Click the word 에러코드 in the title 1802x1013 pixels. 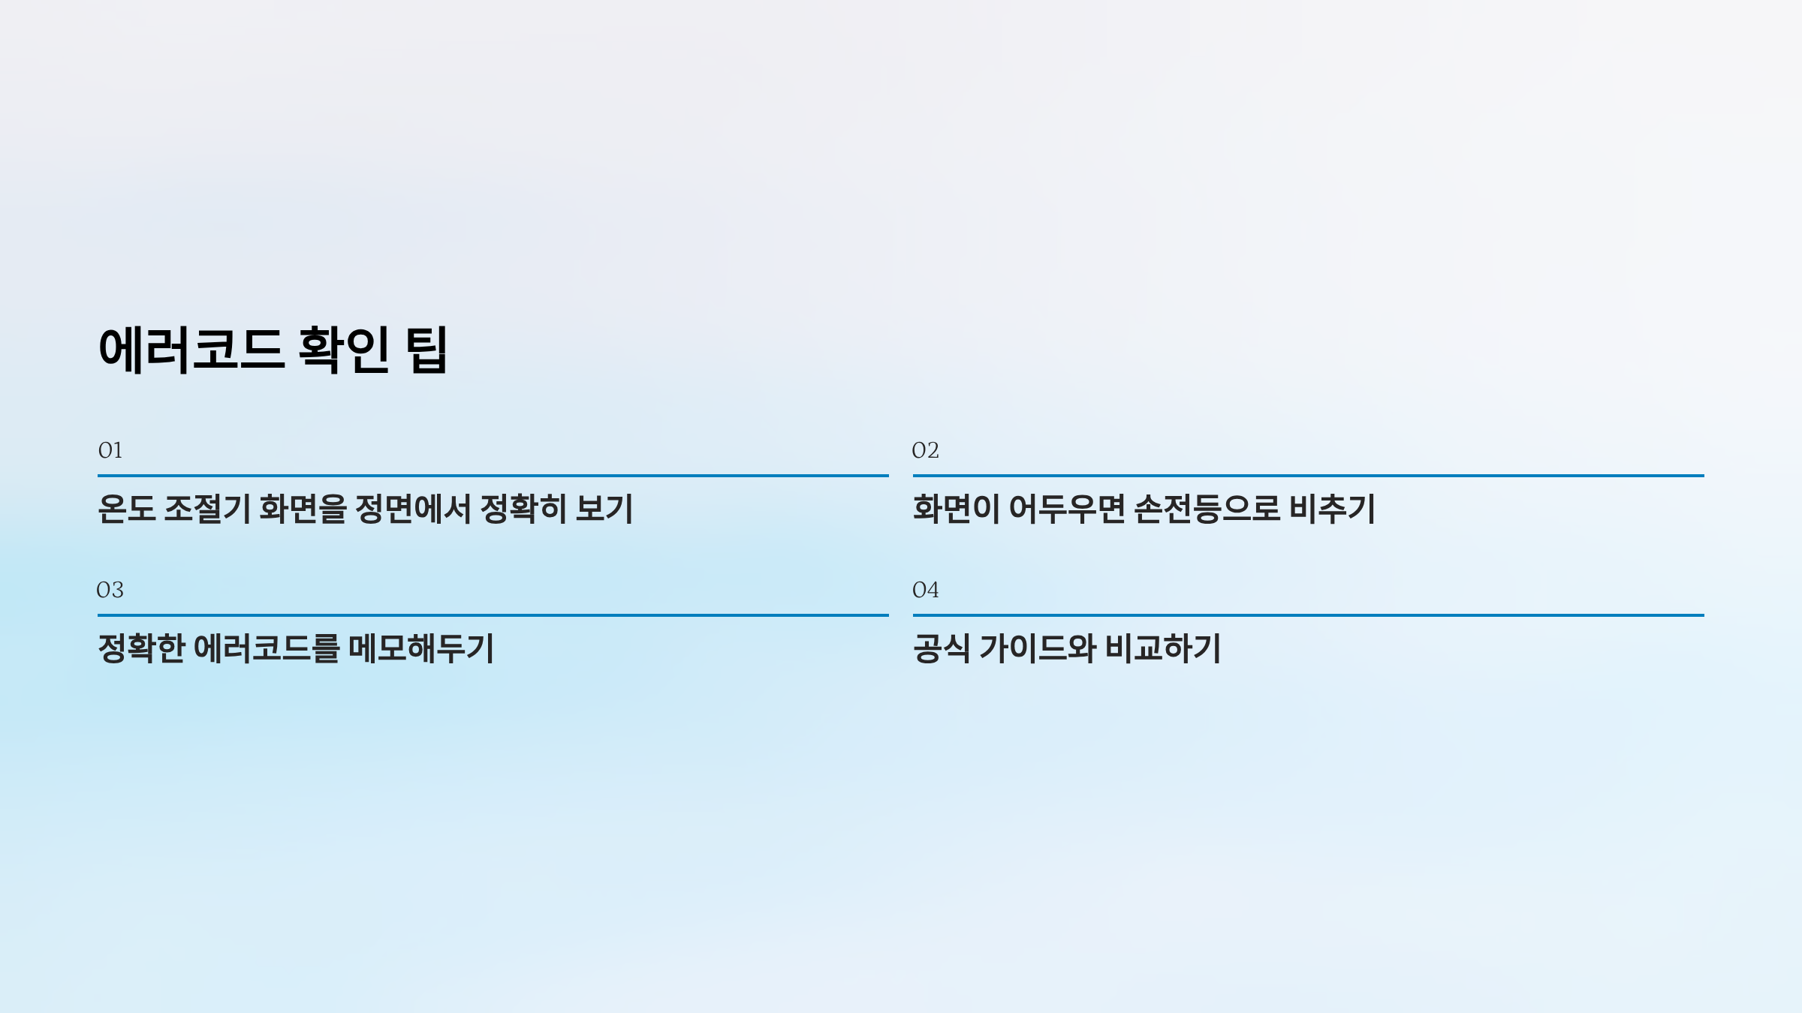point(191,350)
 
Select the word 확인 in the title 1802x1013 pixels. point(344,350)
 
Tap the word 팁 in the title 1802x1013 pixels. point(426,350)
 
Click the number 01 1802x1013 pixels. point(110,450)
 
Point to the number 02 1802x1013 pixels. point(925,450)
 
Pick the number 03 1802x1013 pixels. point(110,590)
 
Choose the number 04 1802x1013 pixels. point(925,590)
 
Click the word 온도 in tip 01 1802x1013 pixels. point(126,509)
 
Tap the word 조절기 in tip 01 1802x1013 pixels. point(206,509)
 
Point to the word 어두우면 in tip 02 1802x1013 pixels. point(1067,509)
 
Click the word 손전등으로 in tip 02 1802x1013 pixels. point(1207,509)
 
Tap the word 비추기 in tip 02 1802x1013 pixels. point(1332,509)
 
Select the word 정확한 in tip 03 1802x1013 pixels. point(141,648)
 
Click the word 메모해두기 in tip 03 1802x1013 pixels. point(421,648)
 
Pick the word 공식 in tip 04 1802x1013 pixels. point(941,648)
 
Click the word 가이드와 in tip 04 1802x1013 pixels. point(1038,648)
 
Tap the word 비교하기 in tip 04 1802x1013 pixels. point(1163,648)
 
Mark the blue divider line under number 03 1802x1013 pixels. point(493,615)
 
